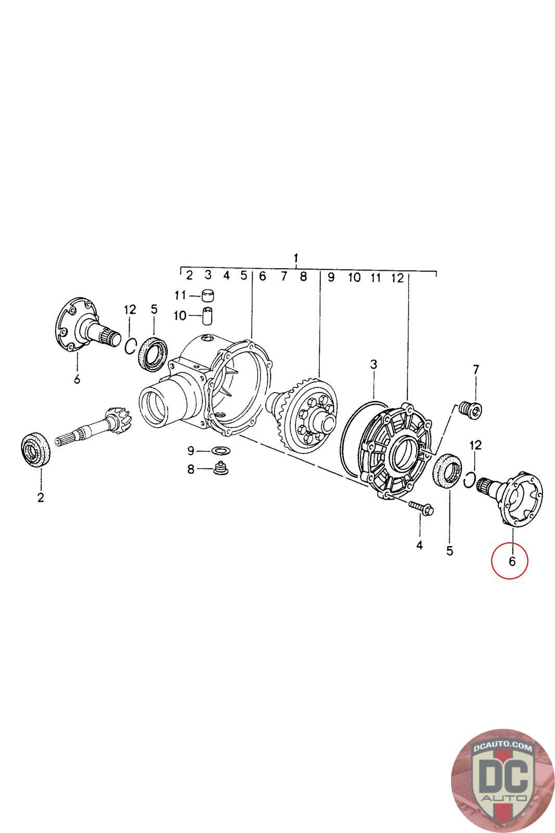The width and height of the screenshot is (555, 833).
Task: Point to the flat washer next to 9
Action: pos(221,451)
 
